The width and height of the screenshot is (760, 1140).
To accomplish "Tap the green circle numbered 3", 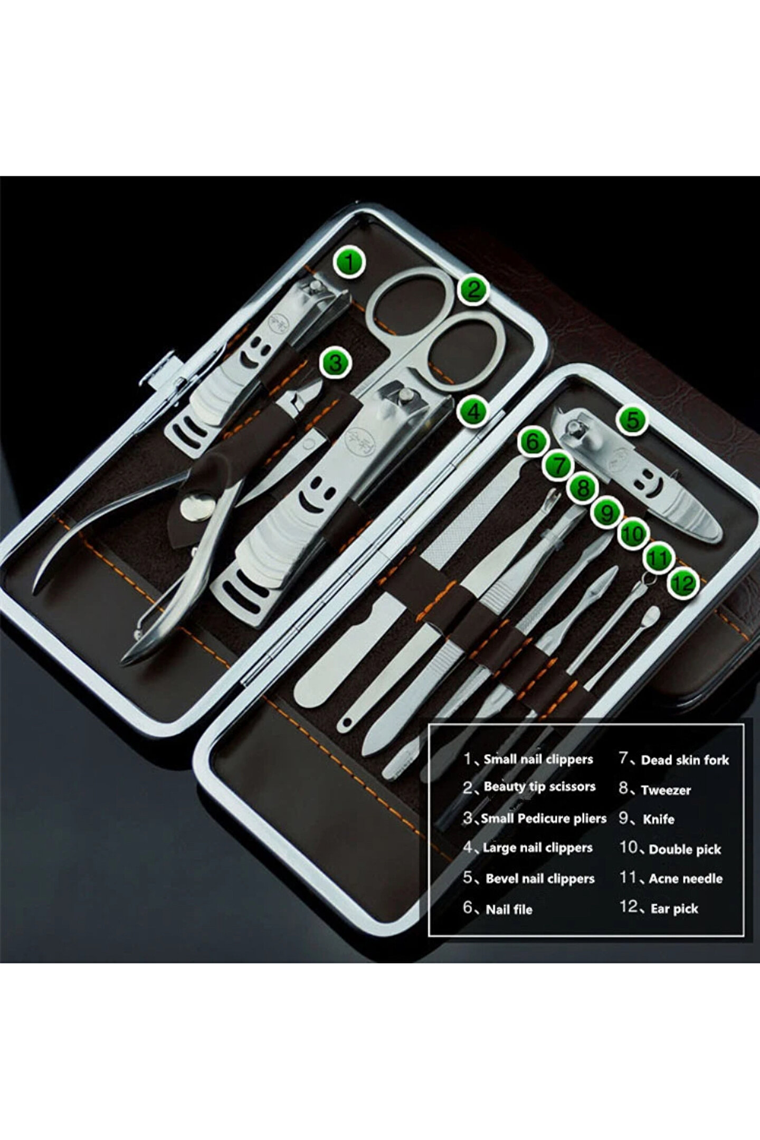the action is pyautogui.click(x=335, y=363).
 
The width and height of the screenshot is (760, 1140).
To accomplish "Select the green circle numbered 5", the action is pyautogui.click(x=632, y=420).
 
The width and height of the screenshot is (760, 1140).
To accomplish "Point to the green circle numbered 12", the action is pyautogui.click(x=682, y=583).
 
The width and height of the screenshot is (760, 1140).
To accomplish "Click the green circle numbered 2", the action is pyautogui.click(x=473, y=289).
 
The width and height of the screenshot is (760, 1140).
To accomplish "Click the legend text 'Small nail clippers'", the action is pyautogui.click(x=538, y=759).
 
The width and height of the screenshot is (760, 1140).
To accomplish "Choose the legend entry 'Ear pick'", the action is pyautogui.click(x=674, y=908).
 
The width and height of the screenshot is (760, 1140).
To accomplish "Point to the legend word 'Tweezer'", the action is pyautogui.click(x=666, y=790).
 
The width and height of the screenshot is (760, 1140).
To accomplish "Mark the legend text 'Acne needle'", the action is pyautogui.click(x=686, y=879).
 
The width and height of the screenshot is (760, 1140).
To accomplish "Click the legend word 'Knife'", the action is pyautogui.click(x=658, y=819).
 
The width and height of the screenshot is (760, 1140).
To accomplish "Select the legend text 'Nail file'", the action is pyautogui.click(x=509, y=909).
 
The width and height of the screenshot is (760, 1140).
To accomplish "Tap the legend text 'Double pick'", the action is pyautogui.click(x=685, y=849).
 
